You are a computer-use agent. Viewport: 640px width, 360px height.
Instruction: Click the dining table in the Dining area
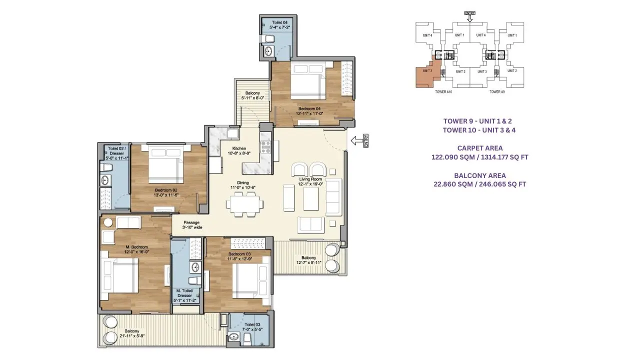243,203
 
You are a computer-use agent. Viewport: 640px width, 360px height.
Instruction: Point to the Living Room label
310,179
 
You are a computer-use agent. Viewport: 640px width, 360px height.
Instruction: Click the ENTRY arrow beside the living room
359,141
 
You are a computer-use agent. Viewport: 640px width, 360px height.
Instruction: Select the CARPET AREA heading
479,148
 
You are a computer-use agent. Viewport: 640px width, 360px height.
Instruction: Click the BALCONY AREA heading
479,175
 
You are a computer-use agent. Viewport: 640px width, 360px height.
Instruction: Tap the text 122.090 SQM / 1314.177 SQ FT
479,157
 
